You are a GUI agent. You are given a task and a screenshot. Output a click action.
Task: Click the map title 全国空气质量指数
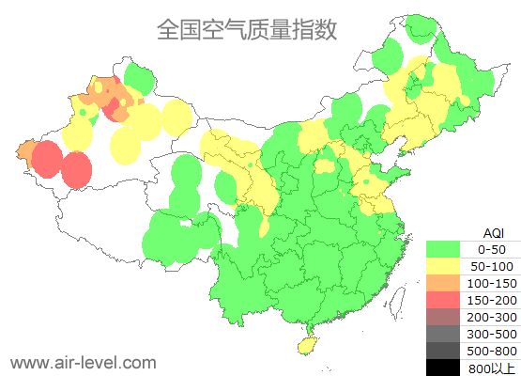(x=246, y=30)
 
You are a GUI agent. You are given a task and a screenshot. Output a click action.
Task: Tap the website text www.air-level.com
(x=83, y=362)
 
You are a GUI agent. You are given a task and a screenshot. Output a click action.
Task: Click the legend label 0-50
(x=492, y=249)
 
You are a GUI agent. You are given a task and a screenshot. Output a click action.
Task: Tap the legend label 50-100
(x=492, y=266)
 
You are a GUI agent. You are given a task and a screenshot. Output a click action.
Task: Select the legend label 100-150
(x=492, y=283)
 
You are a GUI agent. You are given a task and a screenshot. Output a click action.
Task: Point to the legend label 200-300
(x=492, y=316)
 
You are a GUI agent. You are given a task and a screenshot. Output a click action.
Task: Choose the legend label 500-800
(x=492, y=350)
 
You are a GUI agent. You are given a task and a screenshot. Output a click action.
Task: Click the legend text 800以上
(x=492, y=367)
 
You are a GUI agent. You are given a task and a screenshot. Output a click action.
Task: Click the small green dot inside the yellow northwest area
(x=83, y=113)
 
